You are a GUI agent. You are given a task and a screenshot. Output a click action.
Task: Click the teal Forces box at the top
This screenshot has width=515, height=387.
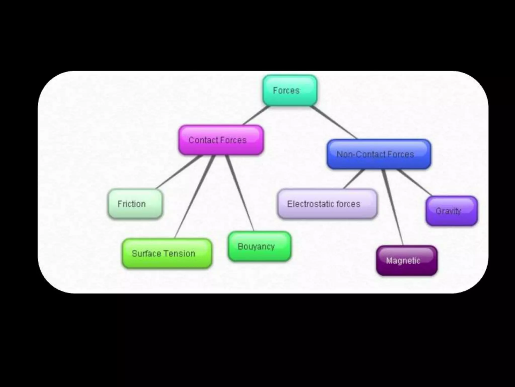tap(290, 90)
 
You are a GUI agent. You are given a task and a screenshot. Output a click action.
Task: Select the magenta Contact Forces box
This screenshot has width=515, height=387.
tap(221, 140)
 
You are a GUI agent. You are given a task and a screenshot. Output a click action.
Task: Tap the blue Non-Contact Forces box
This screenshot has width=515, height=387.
tap(379, 154)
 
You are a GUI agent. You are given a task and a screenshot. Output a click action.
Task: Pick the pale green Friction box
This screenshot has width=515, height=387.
tap(135, 204)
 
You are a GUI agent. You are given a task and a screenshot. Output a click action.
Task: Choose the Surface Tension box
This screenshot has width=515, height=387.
tap(167, 253)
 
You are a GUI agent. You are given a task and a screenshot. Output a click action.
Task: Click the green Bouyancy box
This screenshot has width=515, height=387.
tap(260, 246)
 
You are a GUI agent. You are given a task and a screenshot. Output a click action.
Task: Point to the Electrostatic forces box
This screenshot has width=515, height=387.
tap(327, 204)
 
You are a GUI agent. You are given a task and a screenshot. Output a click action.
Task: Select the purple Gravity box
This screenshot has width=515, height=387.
tap(452, 211)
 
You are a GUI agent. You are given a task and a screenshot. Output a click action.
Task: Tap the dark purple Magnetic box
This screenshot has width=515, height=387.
tap(407, 261)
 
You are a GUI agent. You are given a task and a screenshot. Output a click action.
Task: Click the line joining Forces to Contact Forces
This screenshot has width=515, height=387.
tap(256, 115)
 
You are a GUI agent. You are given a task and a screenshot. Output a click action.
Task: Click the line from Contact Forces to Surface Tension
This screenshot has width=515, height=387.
tap(195, 197)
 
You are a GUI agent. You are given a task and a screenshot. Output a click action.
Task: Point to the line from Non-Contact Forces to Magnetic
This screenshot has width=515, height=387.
tap(393, 207)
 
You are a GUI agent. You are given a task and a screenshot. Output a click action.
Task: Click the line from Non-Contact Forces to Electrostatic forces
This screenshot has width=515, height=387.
tap(354, 179)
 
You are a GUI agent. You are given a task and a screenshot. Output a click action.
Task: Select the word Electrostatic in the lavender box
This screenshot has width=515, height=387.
tap(311, 204)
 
